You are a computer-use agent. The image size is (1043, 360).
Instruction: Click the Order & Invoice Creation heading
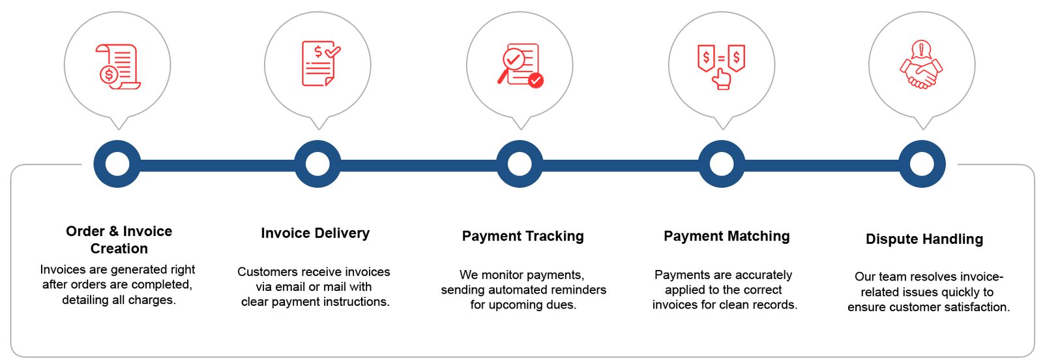(x=119, y=240)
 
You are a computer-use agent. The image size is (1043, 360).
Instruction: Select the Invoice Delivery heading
(x=316, y=233)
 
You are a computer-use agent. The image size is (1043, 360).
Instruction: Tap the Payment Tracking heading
(x=522, y=236)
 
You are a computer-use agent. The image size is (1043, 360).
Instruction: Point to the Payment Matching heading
(x=726, y=236)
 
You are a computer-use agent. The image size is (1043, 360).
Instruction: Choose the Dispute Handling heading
(x=924, y=239)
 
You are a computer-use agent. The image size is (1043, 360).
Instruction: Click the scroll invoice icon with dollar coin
(x=118, y=67)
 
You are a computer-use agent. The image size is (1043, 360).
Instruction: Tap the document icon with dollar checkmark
(x=321, y=64)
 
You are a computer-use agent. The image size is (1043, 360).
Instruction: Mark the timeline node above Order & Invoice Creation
(x=117, y=164)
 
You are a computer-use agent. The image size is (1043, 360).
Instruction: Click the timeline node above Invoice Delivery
(x=317, y=164)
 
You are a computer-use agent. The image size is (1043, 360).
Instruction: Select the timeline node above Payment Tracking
(x=520, y=164)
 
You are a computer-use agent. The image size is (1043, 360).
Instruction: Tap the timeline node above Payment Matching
(x=722, y=164)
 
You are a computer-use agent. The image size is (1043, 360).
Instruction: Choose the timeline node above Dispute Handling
(x=922, y=164)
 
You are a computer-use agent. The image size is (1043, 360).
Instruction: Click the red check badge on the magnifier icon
(x=536, y=81)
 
